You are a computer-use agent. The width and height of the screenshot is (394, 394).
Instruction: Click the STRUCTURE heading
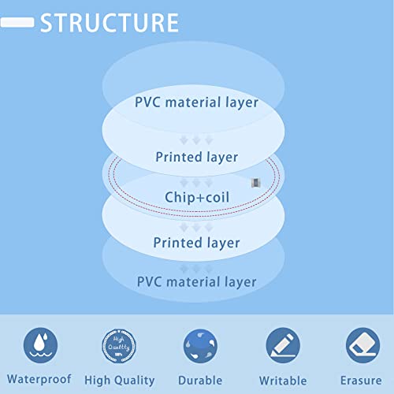pyautogui.click(x=110, y=23)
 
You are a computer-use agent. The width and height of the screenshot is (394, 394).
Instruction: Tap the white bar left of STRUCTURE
pyautogui.click(x=17, y=22)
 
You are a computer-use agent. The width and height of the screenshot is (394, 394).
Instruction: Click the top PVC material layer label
pyautogui.click(x=196, y=102)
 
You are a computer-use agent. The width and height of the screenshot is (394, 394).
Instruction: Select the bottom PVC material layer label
pyautogui.click(x=197, y=282)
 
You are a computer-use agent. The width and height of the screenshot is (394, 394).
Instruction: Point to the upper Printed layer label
pyautogui.click(x=197, y=158)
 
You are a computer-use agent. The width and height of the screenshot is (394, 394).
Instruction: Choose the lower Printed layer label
pyautogui.click(x=196, y=243)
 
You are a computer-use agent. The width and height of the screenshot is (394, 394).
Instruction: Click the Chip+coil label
pyautogui.click(x=197, y=197)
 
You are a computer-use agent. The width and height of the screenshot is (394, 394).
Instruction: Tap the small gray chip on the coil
pyautogui.click(x=255, y=183)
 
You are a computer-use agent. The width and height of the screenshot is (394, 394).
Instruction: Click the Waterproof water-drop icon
pyautogui.click(x=40, y=345)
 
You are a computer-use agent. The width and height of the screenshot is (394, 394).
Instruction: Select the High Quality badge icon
pyautogui.click(x=119, y=346)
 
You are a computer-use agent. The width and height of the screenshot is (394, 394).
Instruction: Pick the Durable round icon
pyautogui.click(x=200, y=346)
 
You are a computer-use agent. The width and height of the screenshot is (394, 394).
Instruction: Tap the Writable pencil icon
pyautogui.click(x=283, y=345)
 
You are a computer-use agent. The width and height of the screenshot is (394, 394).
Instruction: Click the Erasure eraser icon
pyautogui.click(x=362, y=345)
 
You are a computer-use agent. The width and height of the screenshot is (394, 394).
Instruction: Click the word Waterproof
pyautogui.click(x=39, y=379)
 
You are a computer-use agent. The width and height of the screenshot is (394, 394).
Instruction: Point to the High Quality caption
pyautogui.click(x=120, y=381)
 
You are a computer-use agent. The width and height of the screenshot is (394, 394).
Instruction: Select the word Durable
pyautogui.click(x=200, y=381)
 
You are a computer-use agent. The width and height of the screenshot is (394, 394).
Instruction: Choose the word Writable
pyautogui.click(x=283, y=381)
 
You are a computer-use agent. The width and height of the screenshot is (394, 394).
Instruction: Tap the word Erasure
pyautogui.click(x=361, y=381)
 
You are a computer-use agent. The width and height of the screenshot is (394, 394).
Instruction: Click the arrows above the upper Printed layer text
pyautogui.click(x=196, y=140)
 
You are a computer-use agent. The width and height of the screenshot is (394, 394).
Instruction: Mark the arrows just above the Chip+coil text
pyautogui.click(x=196, y=182)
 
